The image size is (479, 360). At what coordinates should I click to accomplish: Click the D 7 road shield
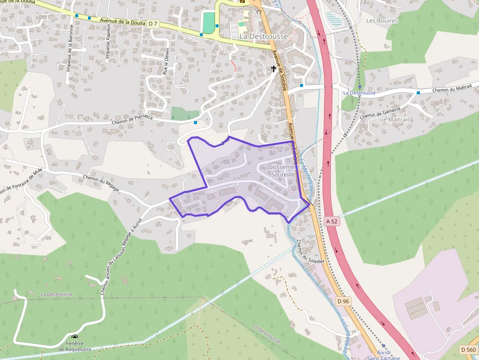[153, 23]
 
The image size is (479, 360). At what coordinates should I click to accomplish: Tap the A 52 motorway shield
[331, 221]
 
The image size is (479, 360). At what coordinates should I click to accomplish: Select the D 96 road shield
[343, 301]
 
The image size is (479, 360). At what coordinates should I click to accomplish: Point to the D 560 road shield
[468, 349]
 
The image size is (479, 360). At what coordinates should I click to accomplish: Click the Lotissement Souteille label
[283, 170]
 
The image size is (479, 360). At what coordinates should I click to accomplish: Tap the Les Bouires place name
[382, 21]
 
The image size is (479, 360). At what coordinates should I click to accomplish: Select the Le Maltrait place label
[394, 120]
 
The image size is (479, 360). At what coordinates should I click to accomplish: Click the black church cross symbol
[273, 69]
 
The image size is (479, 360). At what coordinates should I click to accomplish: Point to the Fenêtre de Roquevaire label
[75, 346]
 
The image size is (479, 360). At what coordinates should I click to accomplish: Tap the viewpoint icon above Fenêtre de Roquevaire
[75, 337]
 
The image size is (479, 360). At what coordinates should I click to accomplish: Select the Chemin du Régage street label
[101, 183]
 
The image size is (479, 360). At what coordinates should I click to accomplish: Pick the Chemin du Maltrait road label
[452, 88]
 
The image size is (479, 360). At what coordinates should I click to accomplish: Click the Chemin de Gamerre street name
[380, 113]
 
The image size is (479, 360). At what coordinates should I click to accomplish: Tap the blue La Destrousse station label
[359, 93]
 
